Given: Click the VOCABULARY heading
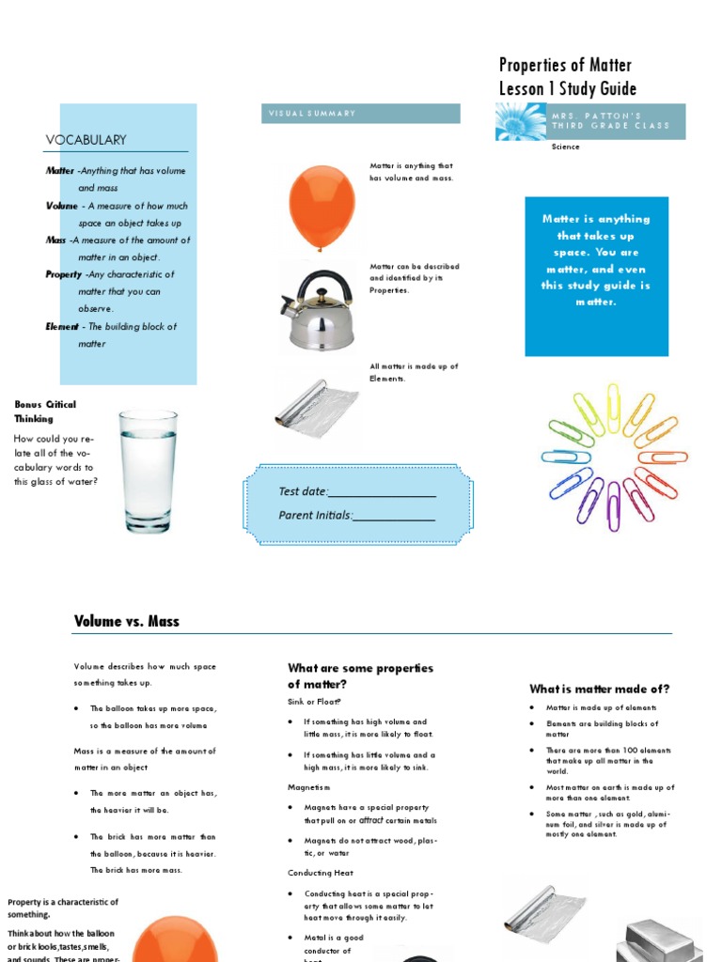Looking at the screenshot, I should click(x=86, y=140).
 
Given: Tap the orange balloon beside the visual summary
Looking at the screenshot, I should click(x=322, y=206).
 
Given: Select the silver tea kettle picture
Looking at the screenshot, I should click(x=318, y=309).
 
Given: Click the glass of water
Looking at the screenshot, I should click(x=148, y=471).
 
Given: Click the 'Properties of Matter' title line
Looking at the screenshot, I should click(x=565, y=65).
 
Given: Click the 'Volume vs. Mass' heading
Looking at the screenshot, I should click(x=126, y=621).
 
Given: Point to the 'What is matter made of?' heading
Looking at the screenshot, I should click(x=599, y=689).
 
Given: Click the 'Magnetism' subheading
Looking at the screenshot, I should click(x=308, y=787).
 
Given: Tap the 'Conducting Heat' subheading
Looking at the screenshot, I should click(x=321, y=873).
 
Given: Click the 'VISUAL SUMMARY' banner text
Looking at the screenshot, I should click(x=312, y=114).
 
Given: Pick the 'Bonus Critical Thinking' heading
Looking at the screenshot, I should click(x=45, y=411).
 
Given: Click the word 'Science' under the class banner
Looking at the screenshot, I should click(x=566, y=147).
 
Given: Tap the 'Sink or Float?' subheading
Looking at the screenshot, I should click(x=314, y=702).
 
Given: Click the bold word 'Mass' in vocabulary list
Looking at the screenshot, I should click(x=55, y=240).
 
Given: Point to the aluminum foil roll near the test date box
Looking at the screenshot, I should click(x=316, y=407).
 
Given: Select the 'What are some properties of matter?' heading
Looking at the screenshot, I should click(x=360, y=675).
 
